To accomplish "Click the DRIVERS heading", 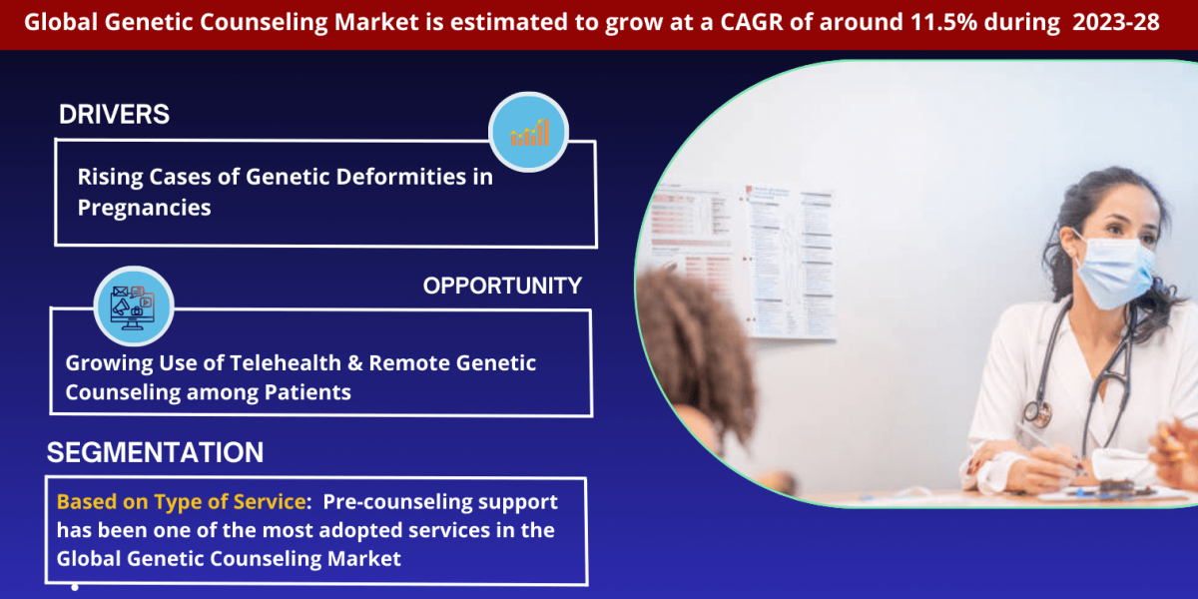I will (x=114, y=115).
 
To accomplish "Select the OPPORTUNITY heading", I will (x=502, y=286).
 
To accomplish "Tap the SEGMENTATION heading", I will (x=155, y=452).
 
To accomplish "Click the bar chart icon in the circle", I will (x=528, y=132).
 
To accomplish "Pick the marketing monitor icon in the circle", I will (x=134, y=305).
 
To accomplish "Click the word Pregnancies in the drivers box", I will (x=144, y=208).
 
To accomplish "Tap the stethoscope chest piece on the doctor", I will (x=1037, y=411).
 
